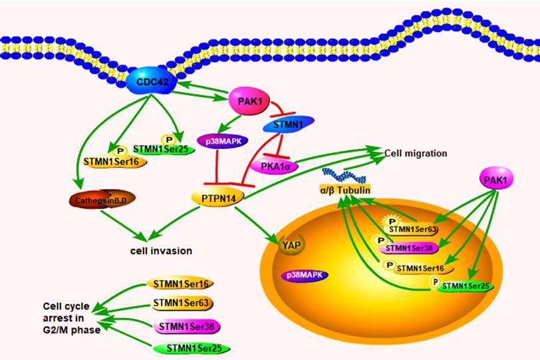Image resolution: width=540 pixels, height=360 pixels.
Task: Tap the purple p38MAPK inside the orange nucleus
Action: [x=307, y=274]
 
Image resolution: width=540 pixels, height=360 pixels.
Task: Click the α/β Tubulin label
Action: [x=344, y=191]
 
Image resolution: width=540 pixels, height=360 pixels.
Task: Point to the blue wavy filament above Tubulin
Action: [x=344, y=174]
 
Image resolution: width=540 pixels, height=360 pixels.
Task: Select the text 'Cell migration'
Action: [x=416, y=153]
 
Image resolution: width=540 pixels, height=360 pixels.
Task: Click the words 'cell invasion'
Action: [x=162, y=251]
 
